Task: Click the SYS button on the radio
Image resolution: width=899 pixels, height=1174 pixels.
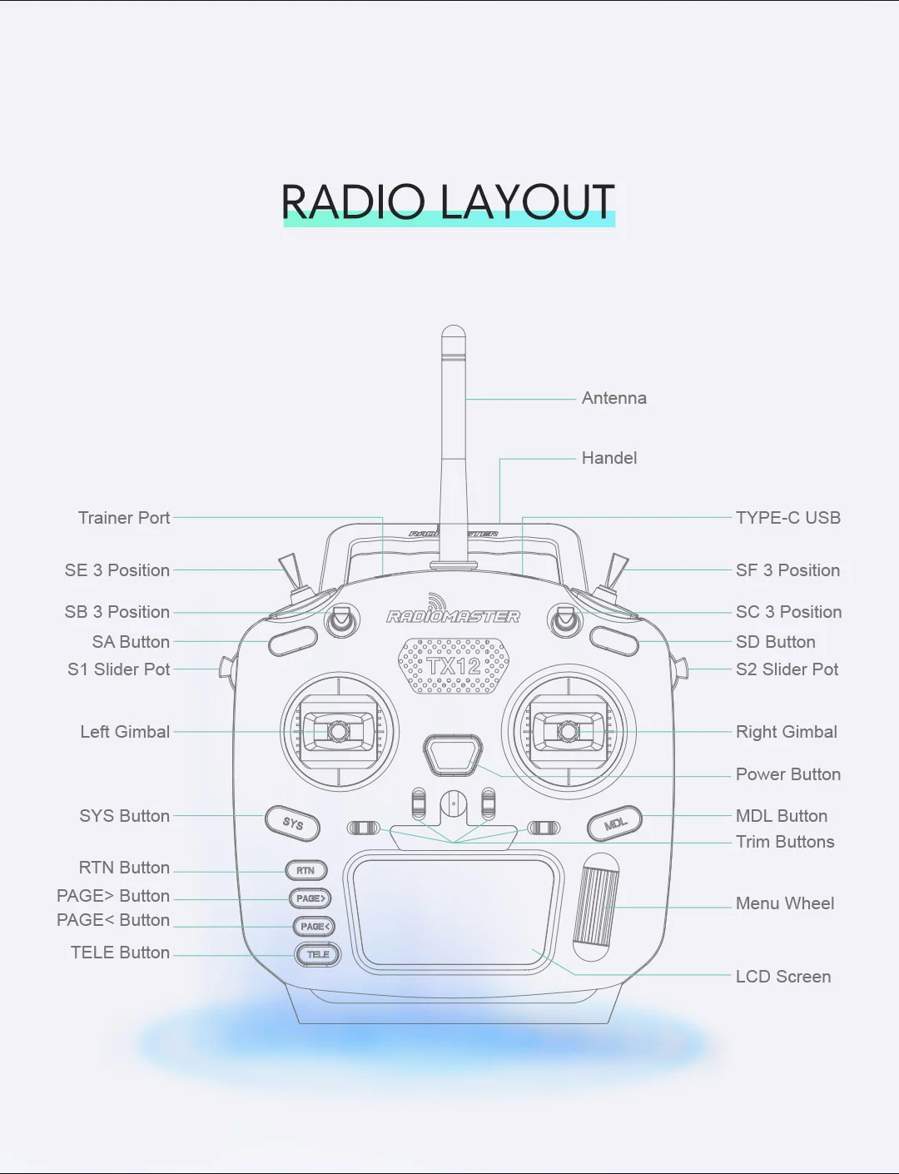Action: [x=292, y=823]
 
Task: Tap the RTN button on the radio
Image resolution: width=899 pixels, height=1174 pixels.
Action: [x=305, y=871]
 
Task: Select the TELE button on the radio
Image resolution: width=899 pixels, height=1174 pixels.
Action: [x=318, y=954]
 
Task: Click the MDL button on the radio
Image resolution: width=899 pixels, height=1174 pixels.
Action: [x=614, y=823]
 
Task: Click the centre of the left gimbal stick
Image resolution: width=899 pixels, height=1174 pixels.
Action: [x=338, y=732]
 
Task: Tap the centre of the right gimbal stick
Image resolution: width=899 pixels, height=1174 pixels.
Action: [x=569, y=732]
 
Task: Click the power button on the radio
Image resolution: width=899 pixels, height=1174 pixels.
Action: [x=453, y=754]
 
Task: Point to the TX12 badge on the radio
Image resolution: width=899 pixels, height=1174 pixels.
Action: [x=454, y=666]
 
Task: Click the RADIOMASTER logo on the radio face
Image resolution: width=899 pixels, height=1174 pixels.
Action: [x=453, y=616]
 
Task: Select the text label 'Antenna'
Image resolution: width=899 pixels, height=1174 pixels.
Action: [x=613, y=399]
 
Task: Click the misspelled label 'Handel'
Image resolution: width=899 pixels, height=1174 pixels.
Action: [x=608, y=459]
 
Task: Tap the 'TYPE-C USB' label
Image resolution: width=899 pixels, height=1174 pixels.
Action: [x=787, y=518]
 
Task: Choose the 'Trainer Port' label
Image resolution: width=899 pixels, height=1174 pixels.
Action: [x=124, y=518]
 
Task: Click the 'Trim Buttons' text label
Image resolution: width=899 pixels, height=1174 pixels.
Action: [x=784, y=842]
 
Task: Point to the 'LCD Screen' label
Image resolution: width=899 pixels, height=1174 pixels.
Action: [x=782, y=977]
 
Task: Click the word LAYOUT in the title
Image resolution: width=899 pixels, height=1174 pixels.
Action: [x=527, y=202]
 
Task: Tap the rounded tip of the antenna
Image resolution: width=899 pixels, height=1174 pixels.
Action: [x=453, y=333]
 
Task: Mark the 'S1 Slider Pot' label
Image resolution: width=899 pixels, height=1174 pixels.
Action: [x=119, y=669]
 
